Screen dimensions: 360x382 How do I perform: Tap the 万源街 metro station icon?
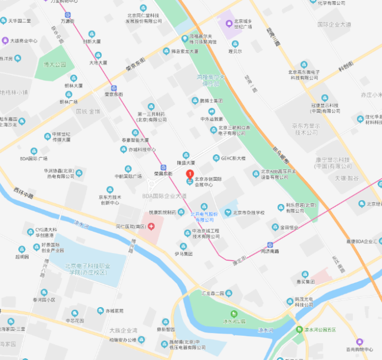click(67, 15)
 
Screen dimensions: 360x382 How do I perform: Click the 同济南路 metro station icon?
click(270, 245)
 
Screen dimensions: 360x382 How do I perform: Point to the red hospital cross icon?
click(150, 226)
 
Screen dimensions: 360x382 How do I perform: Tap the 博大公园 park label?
click(54, 65)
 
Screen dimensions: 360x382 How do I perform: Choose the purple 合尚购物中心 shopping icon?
click(359, 342)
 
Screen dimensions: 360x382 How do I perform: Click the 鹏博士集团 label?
click(211, 101)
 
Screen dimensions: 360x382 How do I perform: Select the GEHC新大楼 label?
click(233, 158)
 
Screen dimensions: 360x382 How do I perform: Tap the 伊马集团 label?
click(183, 254)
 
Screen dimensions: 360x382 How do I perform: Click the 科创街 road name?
click(345, 68)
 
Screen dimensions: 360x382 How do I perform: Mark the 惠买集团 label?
click(304, 281)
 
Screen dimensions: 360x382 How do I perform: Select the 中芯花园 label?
click(74, 320)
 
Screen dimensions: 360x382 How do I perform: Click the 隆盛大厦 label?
click(185, 163)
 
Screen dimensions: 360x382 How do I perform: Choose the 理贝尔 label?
click(235, 51)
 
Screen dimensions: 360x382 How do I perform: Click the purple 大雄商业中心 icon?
click(6, 40)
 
